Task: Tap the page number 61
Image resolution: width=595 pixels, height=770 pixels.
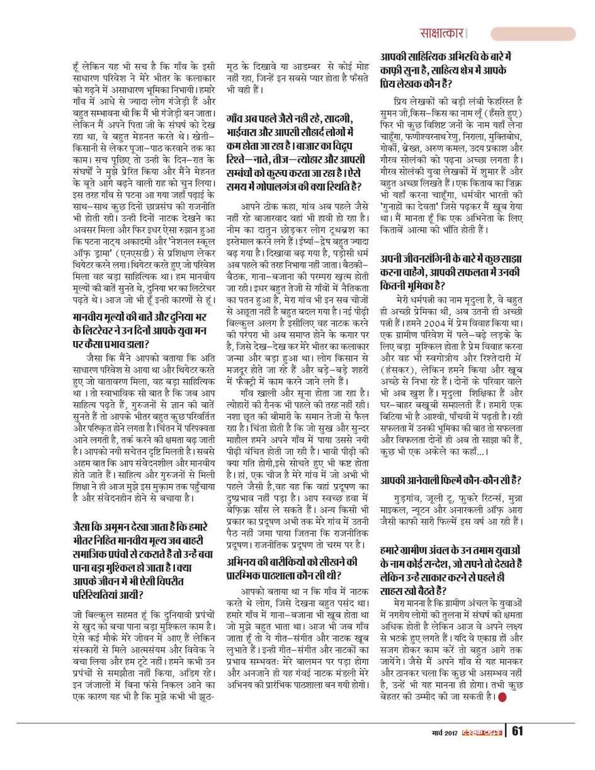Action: point(518,731)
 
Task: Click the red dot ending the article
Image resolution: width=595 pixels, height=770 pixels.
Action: point(502,696)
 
